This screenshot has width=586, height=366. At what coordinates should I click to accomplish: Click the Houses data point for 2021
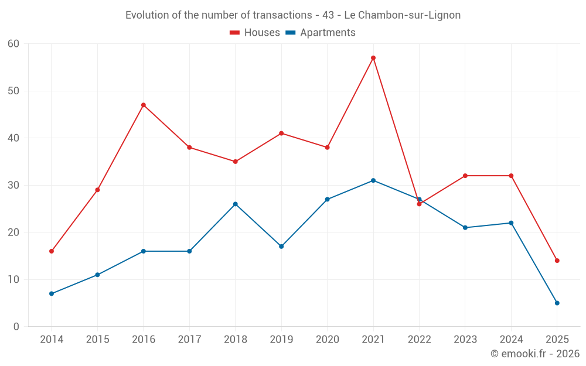click(x=373, y=58)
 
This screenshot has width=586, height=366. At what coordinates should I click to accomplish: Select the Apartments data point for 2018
click(x=236, y=204)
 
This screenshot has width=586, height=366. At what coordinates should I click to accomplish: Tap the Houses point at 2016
click(x=144, y=105)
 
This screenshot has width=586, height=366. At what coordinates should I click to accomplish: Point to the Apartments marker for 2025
click(x=557, y=303)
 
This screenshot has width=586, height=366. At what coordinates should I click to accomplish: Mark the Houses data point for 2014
click(x=52, y=251)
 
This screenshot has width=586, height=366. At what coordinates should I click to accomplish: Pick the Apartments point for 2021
click(x=373, y=180)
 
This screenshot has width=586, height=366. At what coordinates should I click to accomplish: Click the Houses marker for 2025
click(x=557, y=261)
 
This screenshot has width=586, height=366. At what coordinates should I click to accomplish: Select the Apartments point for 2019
click(x=281, y=247)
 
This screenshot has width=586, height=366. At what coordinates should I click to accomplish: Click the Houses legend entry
click(x=255, y=33)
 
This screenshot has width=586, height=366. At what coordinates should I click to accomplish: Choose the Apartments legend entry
click(x=321, y=33)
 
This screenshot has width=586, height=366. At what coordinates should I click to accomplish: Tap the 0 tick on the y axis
click(x=16, y=327)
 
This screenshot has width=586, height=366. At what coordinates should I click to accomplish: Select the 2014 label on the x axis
click(x=52, y=340)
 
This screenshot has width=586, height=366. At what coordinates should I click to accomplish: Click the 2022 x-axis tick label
click(x=419, y=340)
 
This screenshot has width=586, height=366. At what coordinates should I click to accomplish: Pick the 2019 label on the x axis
click(x=281, y=340)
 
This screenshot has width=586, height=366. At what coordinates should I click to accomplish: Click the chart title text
click(x=293, y=15)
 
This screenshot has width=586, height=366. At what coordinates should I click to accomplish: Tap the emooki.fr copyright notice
click(x=535, y=354)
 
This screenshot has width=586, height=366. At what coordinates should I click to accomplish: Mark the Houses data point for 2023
click(x=465, y=176)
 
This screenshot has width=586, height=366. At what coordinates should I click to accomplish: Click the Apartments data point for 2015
click(x=97, y=275)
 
